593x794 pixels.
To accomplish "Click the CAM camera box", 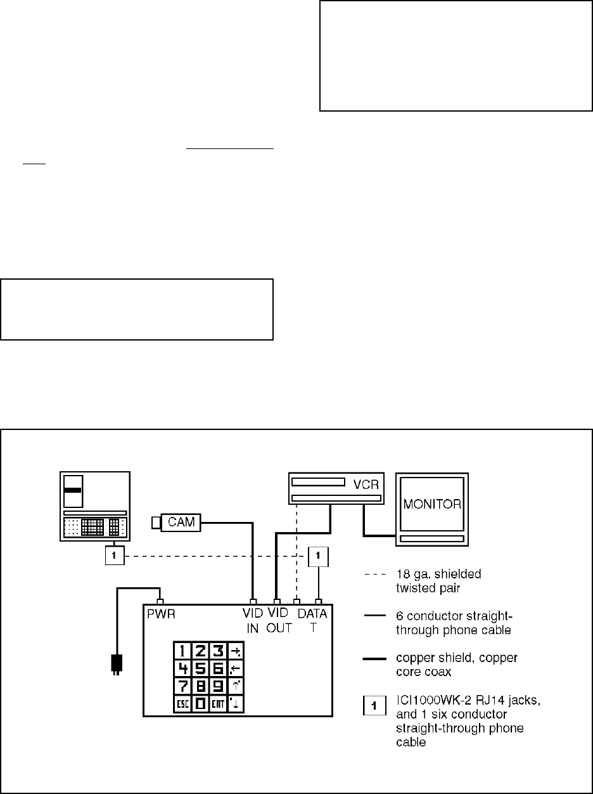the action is pyautogui.click(x=181, y=523).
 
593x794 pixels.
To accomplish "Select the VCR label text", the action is pyautogui.click(x=366, y=485).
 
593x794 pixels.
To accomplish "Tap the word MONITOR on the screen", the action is pyautogui.click(x=432, y=504).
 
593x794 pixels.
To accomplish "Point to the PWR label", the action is pyautogui.click(x=161, y=614).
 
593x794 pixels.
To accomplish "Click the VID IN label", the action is pyautogui.click(x=252, y=621).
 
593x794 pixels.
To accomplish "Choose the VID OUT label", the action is pyautogui.click(x=279, y=620).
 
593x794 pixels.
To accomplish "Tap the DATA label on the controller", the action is pyautogui.click(x=312, y=613).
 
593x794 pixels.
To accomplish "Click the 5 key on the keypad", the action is pyautogui.click(x=200, y=668).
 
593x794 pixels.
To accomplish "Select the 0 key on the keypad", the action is pyautogui.click(x=200, y=703).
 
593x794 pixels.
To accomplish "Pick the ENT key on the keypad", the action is pyautogui.click(x=218, y=703).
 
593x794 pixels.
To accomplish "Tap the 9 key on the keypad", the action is pyautogui.click(x=218, y=686).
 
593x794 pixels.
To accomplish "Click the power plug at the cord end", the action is pyautogui.click(x=117, y=665).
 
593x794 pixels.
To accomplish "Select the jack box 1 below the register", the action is pyautogui.click(x=115, y=556).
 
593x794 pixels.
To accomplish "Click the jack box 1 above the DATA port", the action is pyautogui.click(x=318, y=557).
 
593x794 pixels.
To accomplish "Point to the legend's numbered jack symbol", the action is pyautogui.click(x=374, y=705).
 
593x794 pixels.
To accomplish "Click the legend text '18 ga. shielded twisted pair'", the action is pyautogui.click(x=438, y=580).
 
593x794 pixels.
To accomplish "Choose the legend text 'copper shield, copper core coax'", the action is pyautogui.click(x=457, y=665).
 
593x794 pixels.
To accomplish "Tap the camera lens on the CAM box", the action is pyautogui.click(x=156, y=523).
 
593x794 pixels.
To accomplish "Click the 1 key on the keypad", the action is pyautogui.click(x=182, y=651).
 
